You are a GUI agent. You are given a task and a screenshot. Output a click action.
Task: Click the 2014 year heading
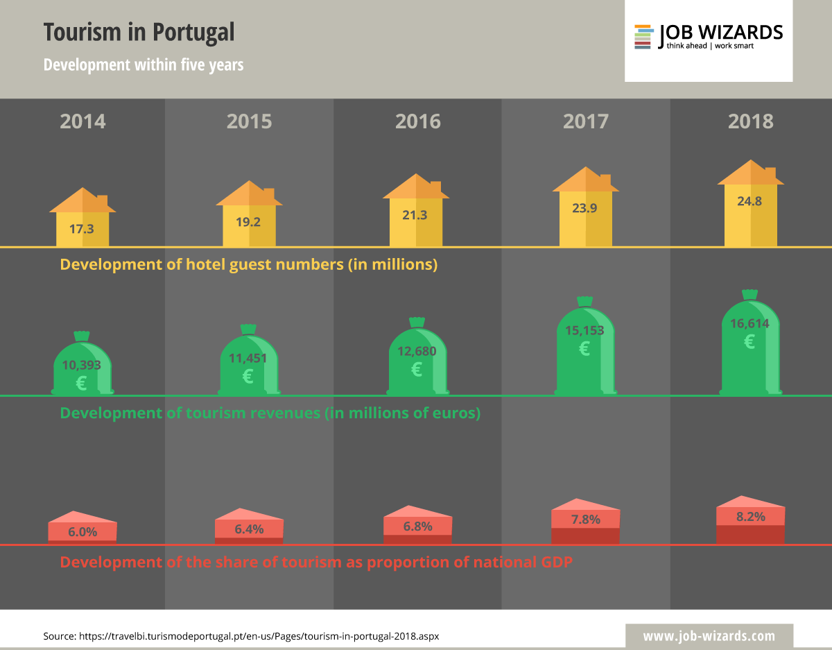[x=83, y=121]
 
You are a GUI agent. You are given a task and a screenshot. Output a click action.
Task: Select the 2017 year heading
[x=586, y=121]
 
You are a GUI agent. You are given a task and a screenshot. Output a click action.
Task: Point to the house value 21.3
[x=415, y=215]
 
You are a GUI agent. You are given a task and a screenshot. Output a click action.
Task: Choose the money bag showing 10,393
[x=83, y=368]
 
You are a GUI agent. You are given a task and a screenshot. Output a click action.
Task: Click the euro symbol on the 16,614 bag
[x=749, y=341]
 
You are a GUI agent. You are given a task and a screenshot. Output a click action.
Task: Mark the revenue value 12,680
[x=417, y=351]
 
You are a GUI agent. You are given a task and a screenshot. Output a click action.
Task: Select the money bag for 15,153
[x=584, y=350]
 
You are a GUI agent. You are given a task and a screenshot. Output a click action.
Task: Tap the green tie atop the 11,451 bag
[x=248, y=329]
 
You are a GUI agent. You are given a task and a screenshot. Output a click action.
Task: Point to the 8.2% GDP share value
[x=750, y=517]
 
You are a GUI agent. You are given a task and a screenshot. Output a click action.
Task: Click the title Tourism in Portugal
[x=139, y=32]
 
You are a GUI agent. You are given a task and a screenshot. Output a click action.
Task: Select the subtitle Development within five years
[x=144, y=65]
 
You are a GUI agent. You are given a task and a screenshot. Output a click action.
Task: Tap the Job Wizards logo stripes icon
[x=643, y=37]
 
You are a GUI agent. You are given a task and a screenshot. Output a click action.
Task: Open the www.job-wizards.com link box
[x=709, y=635]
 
